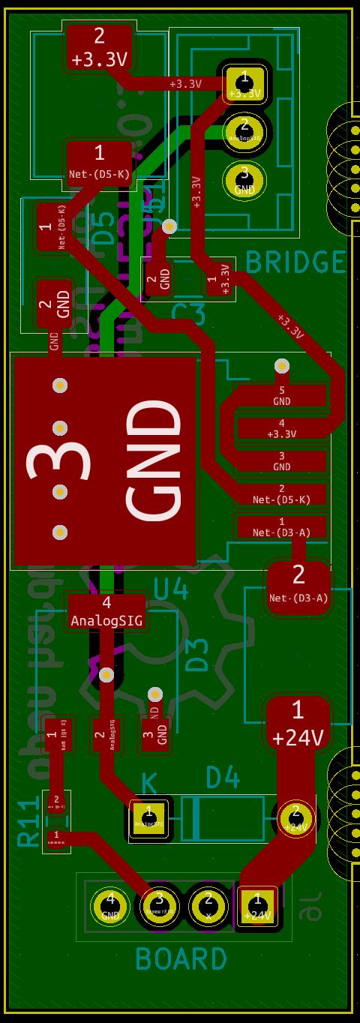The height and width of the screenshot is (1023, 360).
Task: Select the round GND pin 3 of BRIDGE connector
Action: pyautogui.click(x=243, y=181)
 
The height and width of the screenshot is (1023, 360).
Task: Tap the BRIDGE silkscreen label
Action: pyautogui.click(x=295, y=262)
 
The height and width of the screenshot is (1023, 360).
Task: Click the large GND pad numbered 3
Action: pyautogui.click(x=105, y=460)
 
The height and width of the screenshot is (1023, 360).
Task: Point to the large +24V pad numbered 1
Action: pyautogui.click(x=298, y=723)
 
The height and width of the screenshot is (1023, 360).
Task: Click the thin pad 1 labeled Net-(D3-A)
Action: pyautogui.click(x=281, y=526)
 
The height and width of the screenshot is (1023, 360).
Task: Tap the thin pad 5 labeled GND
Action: pyautogui.click(x=281, y=395)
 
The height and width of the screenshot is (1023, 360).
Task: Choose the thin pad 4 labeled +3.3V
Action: pyautogui.click(x=281, y=428)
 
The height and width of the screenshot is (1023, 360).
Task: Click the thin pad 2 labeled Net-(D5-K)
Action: pyautogui.click(x=281, y=493)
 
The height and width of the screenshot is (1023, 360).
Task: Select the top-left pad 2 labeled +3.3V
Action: pyautogui.click(x=100, y=47)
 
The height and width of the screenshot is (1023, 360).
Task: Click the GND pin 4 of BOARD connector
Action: pyautogui.click(x=110, y=906)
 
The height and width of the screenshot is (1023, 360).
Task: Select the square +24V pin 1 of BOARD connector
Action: pyautogui.click(x=257, y=906)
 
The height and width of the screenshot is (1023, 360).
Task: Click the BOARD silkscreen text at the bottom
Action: pyautogui.click(x=181, y=959)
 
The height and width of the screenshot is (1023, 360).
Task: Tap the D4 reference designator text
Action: pyautogui.click(x=223, y=778)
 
